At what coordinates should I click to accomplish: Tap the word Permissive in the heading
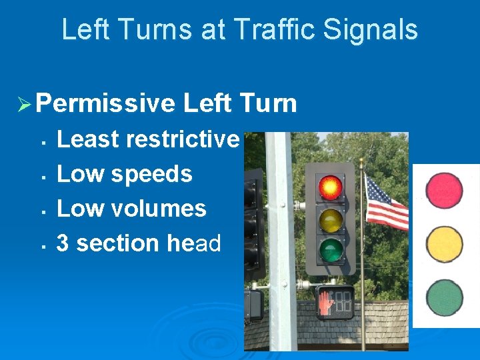(105, 103)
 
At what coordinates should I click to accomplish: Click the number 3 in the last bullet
(63, 243)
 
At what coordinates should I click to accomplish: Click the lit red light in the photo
(329, 187)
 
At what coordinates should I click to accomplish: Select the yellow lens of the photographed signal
(329, 220)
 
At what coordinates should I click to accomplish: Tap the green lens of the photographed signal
(329, 251)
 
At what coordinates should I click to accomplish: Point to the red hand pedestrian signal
(326, 303)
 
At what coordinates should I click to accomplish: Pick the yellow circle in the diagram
(445, 244)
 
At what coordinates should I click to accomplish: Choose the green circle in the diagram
(445, 298)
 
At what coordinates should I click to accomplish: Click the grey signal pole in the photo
(281, 240)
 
